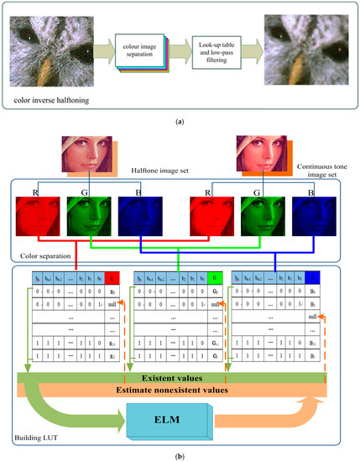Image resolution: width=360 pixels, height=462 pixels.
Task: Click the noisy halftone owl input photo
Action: pos(51,51)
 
